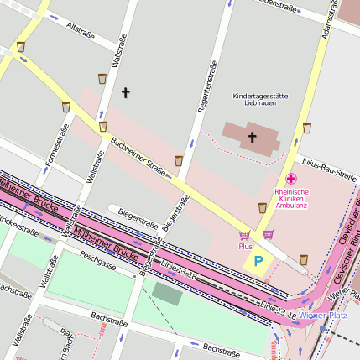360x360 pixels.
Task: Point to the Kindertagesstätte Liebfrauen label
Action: [x=260, y=99]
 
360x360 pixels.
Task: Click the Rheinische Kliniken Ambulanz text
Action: [x=291, y=197]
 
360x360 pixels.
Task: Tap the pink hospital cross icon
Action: [x=291, y=179]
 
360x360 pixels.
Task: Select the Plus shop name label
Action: [x=245, y=247]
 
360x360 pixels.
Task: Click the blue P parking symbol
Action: [x=258, y=262]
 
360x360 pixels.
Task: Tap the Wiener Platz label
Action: [x=324, y=315]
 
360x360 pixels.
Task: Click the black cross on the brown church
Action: [x=252, y=136]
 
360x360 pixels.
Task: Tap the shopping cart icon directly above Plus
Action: [x=245, y=235]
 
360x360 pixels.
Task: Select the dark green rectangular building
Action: [x=166, y=293]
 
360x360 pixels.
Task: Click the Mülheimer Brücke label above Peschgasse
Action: [x=106, y=242]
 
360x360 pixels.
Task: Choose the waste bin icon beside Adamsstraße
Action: [x=307, y=128]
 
